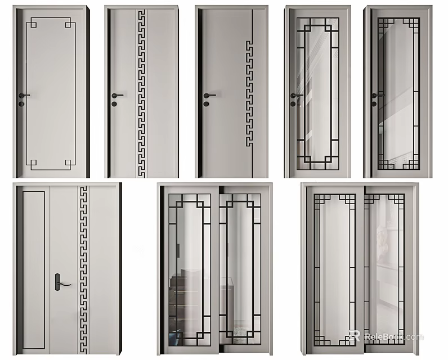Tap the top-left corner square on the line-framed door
click(33, 23)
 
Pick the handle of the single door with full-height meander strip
click(117, 95)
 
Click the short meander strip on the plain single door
click(248, 93)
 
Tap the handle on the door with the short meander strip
click(208, 95)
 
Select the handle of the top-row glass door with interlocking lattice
click(295, 95)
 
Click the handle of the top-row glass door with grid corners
click(375, 95)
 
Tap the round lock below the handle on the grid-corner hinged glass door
click(373, 103)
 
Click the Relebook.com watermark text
click(393, 337)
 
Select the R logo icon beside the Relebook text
click(355, 336)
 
